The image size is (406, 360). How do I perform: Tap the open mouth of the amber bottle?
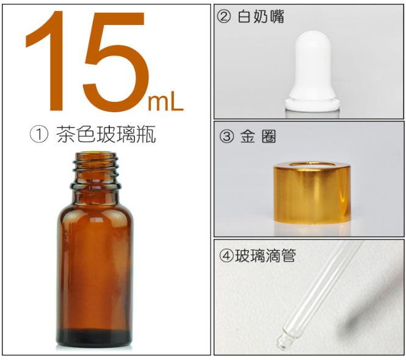pos(94,154)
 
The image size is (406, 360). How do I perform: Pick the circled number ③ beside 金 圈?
pos(226,137)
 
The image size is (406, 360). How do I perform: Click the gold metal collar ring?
pos(311,195)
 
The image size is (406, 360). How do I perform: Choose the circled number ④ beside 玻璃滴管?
pos(225,256)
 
